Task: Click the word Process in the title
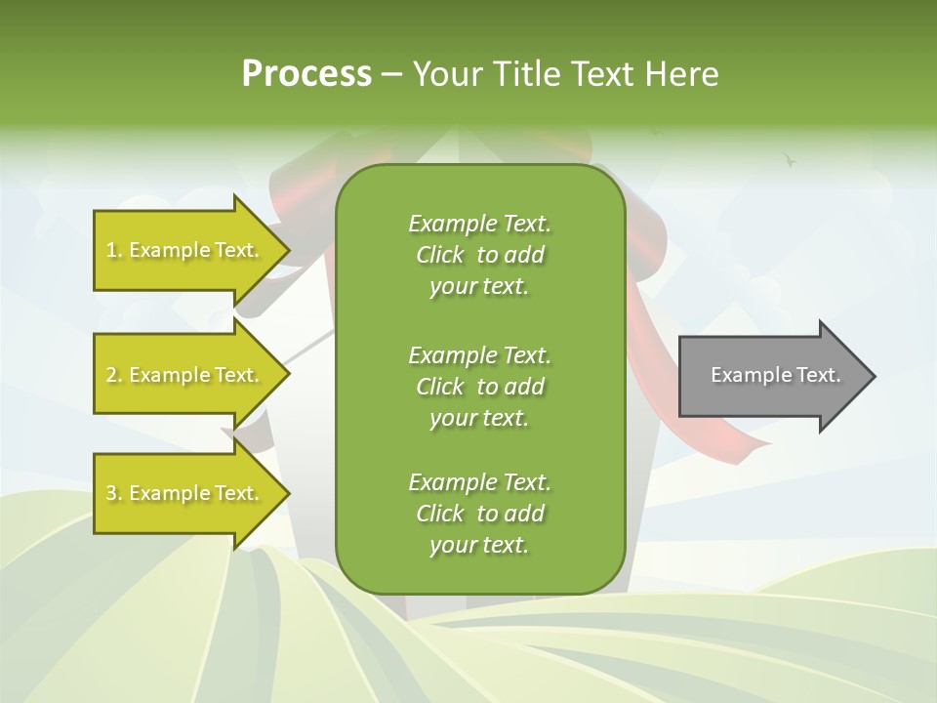pos(306,73)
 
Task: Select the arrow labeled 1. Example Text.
pos(185,250)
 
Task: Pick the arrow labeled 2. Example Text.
pos(185,375)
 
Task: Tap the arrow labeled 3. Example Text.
pos(185,493)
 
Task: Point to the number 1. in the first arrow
pos(114,250)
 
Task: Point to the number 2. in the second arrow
pos(114,375)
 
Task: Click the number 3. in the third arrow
pos(114,493)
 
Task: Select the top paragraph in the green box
pos(479,255)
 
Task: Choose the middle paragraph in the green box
pos(479,387)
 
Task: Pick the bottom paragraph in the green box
pos(479,514)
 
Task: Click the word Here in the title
pos(682,73)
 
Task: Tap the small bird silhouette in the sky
pos(790,158)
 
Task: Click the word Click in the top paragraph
pos(440,255)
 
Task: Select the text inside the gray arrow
pos(776,375)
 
